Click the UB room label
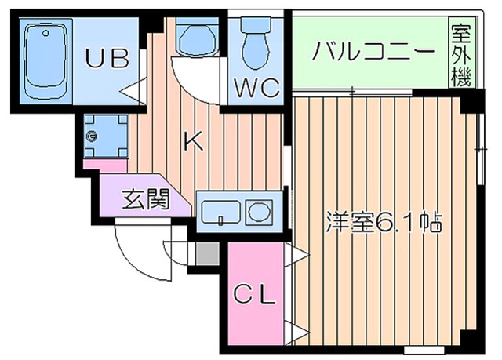(x=107, y=59)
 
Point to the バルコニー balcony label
(x=373, y=53)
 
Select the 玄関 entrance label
(x=146, y=200)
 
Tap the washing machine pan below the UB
(x=103, y=135)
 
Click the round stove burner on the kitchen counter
(x=258, y=210)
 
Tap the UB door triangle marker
(x=132, y=85)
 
